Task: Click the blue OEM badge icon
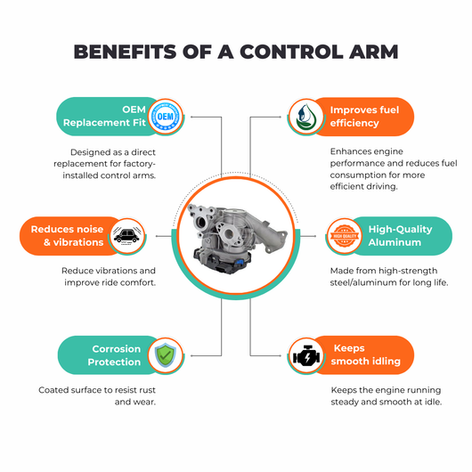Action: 166,117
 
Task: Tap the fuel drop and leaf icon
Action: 305,117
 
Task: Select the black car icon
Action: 126,236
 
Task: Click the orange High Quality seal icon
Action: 345,236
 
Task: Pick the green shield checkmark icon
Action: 166,355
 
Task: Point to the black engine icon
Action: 306,356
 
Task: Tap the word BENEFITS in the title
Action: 125,52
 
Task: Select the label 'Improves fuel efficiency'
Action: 364,117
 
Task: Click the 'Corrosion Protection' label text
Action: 114,355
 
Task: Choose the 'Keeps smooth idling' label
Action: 365,354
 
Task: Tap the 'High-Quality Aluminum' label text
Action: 400,236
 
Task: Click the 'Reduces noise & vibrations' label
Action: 67,236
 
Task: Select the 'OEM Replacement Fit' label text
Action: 104,116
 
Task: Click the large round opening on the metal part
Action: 229,233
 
